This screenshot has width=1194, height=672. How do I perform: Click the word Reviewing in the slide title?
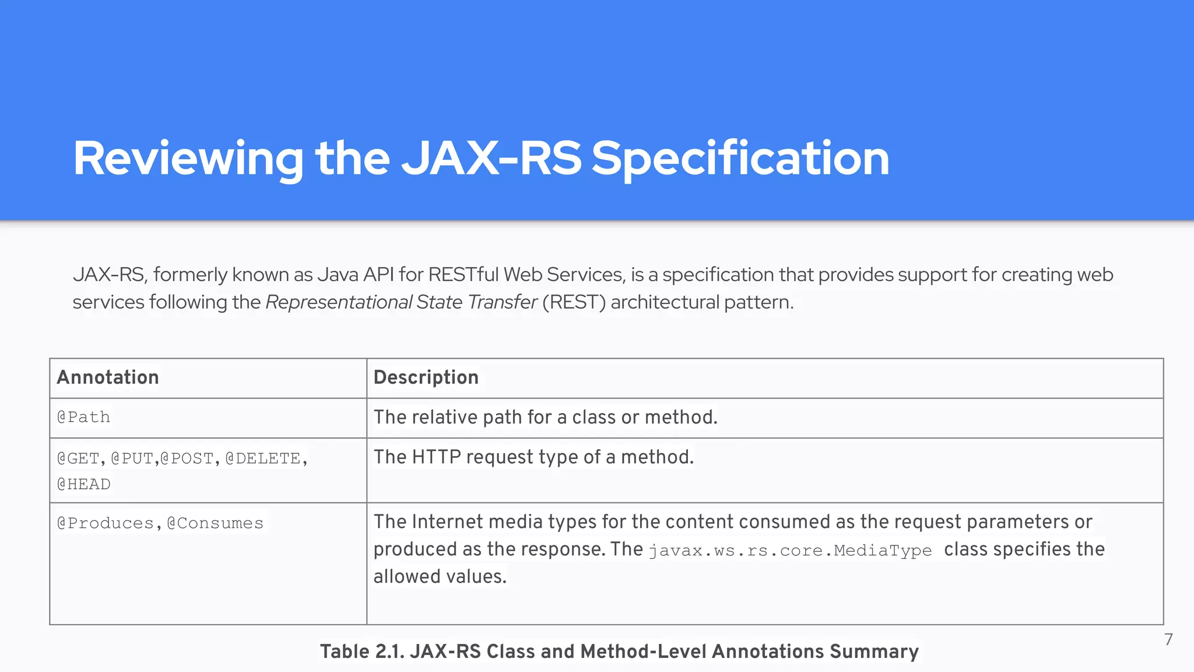(188, 159)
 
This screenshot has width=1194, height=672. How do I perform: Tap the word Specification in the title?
(740, 159)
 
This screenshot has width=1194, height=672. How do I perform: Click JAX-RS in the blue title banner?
(491, 159)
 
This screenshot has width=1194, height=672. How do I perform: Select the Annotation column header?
(108, 377)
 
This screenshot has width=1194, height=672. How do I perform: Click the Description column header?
(426, 377)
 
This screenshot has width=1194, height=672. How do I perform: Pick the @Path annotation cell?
(84, 417)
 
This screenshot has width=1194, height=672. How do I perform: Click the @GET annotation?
(78, 459)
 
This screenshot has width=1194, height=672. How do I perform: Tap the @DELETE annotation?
(263, 459)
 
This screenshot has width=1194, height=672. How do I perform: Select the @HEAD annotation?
(84, 484)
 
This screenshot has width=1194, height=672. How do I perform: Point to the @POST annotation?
(187, 459)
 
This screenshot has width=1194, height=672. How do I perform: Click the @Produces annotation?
(105, 523)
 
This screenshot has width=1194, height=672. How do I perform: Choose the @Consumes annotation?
(215, 523)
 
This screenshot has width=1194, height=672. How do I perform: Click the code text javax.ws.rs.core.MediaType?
(790, 551)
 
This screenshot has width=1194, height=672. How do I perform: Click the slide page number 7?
(1168, 640)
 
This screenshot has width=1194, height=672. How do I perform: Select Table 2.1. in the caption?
(362, 652)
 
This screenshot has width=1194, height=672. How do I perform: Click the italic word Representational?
(339, 302)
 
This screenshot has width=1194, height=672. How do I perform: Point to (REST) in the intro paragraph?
(574, 302)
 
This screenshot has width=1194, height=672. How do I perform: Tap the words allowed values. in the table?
(440, 576)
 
